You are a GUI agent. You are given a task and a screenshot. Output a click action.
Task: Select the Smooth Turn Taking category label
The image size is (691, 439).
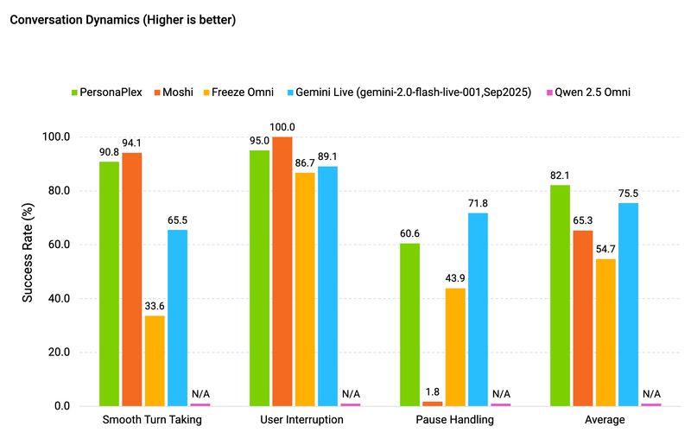click(x=152, y=420)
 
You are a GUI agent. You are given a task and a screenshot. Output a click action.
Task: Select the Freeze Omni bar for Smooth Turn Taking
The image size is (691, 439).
click(x=155, y=360)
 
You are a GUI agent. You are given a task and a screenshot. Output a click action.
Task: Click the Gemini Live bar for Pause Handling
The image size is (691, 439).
click(x=478, y=309)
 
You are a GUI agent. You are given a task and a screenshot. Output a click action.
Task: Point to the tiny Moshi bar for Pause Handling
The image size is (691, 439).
click(x=433, y=404)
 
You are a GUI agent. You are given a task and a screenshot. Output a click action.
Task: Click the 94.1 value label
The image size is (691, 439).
click(x=132, y=144)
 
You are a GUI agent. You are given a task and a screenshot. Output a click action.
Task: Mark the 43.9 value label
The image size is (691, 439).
click(x=455, y=280)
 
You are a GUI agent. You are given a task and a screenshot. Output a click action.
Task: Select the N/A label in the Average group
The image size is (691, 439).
click(x=651, y=394)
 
